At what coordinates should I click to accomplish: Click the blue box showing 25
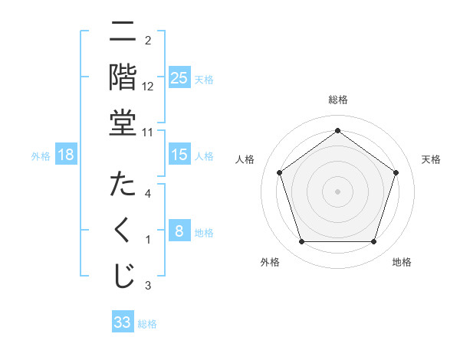(179, 77)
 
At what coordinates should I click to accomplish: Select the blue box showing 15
(179, 155)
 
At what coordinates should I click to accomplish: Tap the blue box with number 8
(179, 231)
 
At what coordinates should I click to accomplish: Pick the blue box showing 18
(66, 155)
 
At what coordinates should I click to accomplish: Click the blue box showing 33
(122, 322)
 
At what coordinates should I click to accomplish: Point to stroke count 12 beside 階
(148, 86)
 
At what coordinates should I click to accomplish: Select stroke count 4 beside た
(148, 195)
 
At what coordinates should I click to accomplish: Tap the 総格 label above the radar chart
(337, 100)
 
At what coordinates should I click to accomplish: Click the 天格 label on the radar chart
(431, 159)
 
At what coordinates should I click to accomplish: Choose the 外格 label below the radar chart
(270, 262)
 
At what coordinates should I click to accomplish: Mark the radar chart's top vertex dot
(337, 130)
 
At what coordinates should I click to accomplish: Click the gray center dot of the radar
(337, 191)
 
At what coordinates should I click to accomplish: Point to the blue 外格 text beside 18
(41, 155)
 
